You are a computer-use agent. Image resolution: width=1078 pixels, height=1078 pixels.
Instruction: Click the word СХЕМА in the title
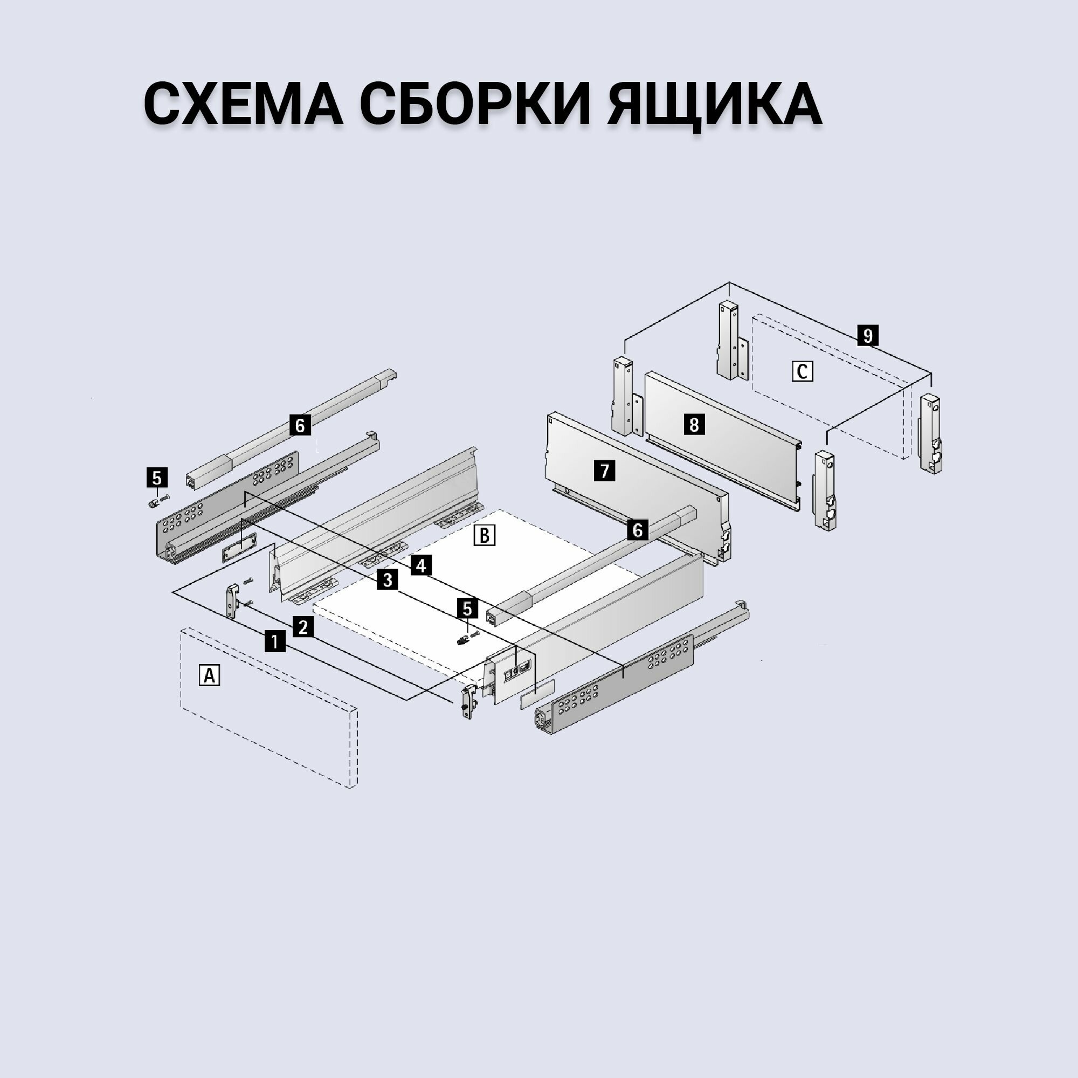(x=243, y=105)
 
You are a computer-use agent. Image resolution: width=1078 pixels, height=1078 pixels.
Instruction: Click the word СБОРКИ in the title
(x=475, y=105)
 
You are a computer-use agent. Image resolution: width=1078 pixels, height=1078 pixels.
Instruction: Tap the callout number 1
(x=274, y=641)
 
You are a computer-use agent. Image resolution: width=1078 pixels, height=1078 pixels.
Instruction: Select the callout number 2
(x=303, y=627)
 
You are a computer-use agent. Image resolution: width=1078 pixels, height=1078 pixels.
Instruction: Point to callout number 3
(x=386, y=581)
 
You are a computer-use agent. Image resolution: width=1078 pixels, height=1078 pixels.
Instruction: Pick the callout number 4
(x=421, y=566)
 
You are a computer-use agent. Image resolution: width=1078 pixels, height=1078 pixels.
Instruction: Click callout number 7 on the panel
(x=604, y=471)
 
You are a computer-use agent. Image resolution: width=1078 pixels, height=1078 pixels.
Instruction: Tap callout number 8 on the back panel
(x=694, y=425)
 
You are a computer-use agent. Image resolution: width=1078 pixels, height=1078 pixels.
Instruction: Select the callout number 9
(x=867, y=336)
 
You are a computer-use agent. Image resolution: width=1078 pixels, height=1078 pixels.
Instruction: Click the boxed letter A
(x=209, y=676)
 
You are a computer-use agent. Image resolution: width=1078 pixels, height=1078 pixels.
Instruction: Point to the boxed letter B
(x=484, y=535)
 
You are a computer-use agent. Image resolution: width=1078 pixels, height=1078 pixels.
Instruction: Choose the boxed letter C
(x=802, y=371)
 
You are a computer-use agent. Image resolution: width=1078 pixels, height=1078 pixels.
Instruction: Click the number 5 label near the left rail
(x=156, y=478)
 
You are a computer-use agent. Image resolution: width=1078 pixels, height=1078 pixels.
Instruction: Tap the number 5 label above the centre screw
(x=467, y=608)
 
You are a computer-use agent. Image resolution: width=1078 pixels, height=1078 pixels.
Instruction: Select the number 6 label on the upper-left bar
(x=300, y=425)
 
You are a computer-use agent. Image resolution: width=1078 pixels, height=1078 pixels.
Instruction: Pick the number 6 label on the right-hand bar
(x=637, y=529)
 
